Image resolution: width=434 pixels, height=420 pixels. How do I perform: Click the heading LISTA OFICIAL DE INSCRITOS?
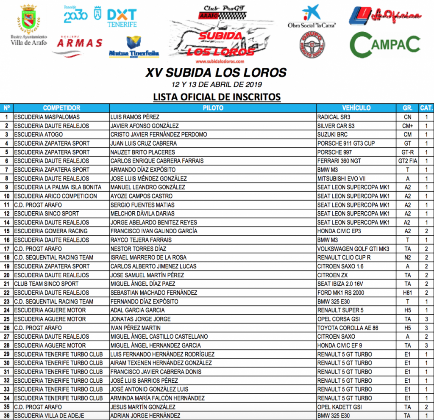217,97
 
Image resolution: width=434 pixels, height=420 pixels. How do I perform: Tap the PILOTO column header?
213,108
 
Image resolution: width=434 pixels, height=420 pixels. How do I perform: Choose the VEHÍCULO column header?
356,108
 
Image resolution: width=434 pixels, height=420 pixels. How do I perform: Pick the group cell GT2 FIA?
407,161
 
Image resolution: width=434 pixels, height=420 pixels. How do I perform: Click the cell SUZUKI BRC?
334,135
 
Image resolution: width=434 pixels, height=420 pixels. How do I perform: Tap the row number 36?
7,416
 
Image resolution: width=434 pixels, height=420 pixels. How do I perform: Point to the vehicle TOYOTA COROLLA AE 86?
347,328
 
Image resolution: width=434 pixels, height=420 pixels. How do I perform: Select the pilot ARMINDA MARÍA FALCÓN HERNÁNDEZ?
157,398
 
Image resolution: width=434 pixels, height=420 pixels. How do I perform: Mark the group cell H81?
407,293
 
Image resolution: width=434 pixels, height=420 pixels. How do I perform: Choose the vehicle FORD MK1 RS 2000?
342,293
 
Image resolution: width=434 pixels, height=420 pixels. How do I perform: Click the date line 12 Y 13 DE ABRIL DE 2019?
217,84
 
